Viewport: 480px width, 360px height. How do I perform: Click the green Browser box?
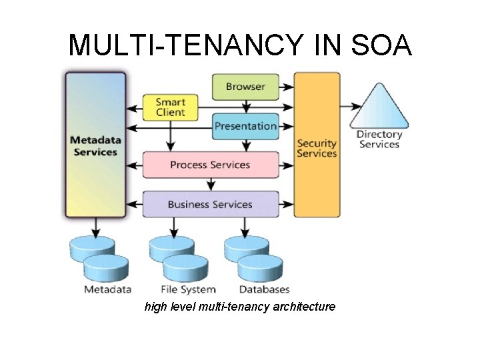[x=245, y=87]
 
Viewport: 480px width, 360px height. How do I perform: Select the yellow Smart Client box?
[x=171, y=107]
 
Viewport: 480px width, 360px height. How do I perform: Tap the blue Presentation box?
[x=245, y=126]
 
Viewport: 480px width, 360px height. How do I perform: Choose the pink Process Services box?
[x=210, y=165]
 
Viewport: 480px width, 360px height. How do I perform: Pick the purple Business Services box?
[x=210, y=204]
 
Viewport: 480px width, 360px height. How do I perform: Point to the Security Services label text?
[x=317, y=148]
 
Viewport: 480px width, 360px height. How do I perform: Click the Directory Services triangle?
[x=379, y=110]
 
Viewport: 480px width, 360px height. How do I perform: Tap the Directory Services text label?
[x=379, y=139]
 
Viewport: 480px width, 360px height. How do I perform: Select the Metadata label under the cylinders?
[x=107, y=289]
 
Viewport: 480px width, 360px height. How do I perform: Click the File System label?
[x=189, y=289]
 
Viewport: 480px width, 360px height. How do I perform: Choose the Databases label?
[x=265, y=289]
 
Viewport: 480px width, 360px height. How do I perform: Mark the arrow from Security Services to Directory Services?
[x=351, y=106]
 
